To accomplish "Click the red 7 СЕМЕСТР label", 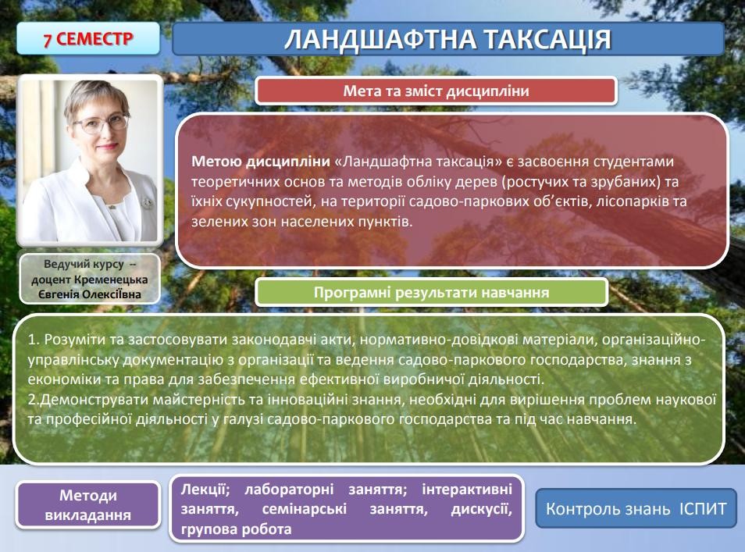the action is (88, 38).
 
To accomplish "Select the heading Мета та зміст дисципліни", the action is (437, 91).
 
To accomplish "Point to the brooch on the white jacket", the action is (148, 203).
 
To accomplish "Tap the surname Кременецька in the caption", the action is (111, 280).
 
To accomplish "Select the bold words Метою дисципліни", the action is (260, 162).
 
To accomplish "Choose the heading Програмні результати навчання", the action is (431, 292).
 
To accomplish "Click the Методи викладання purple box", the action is (88, 505).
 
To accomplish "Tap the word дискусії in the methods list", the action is (481, 509).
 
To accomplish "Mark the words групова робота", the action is (236, 529).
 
